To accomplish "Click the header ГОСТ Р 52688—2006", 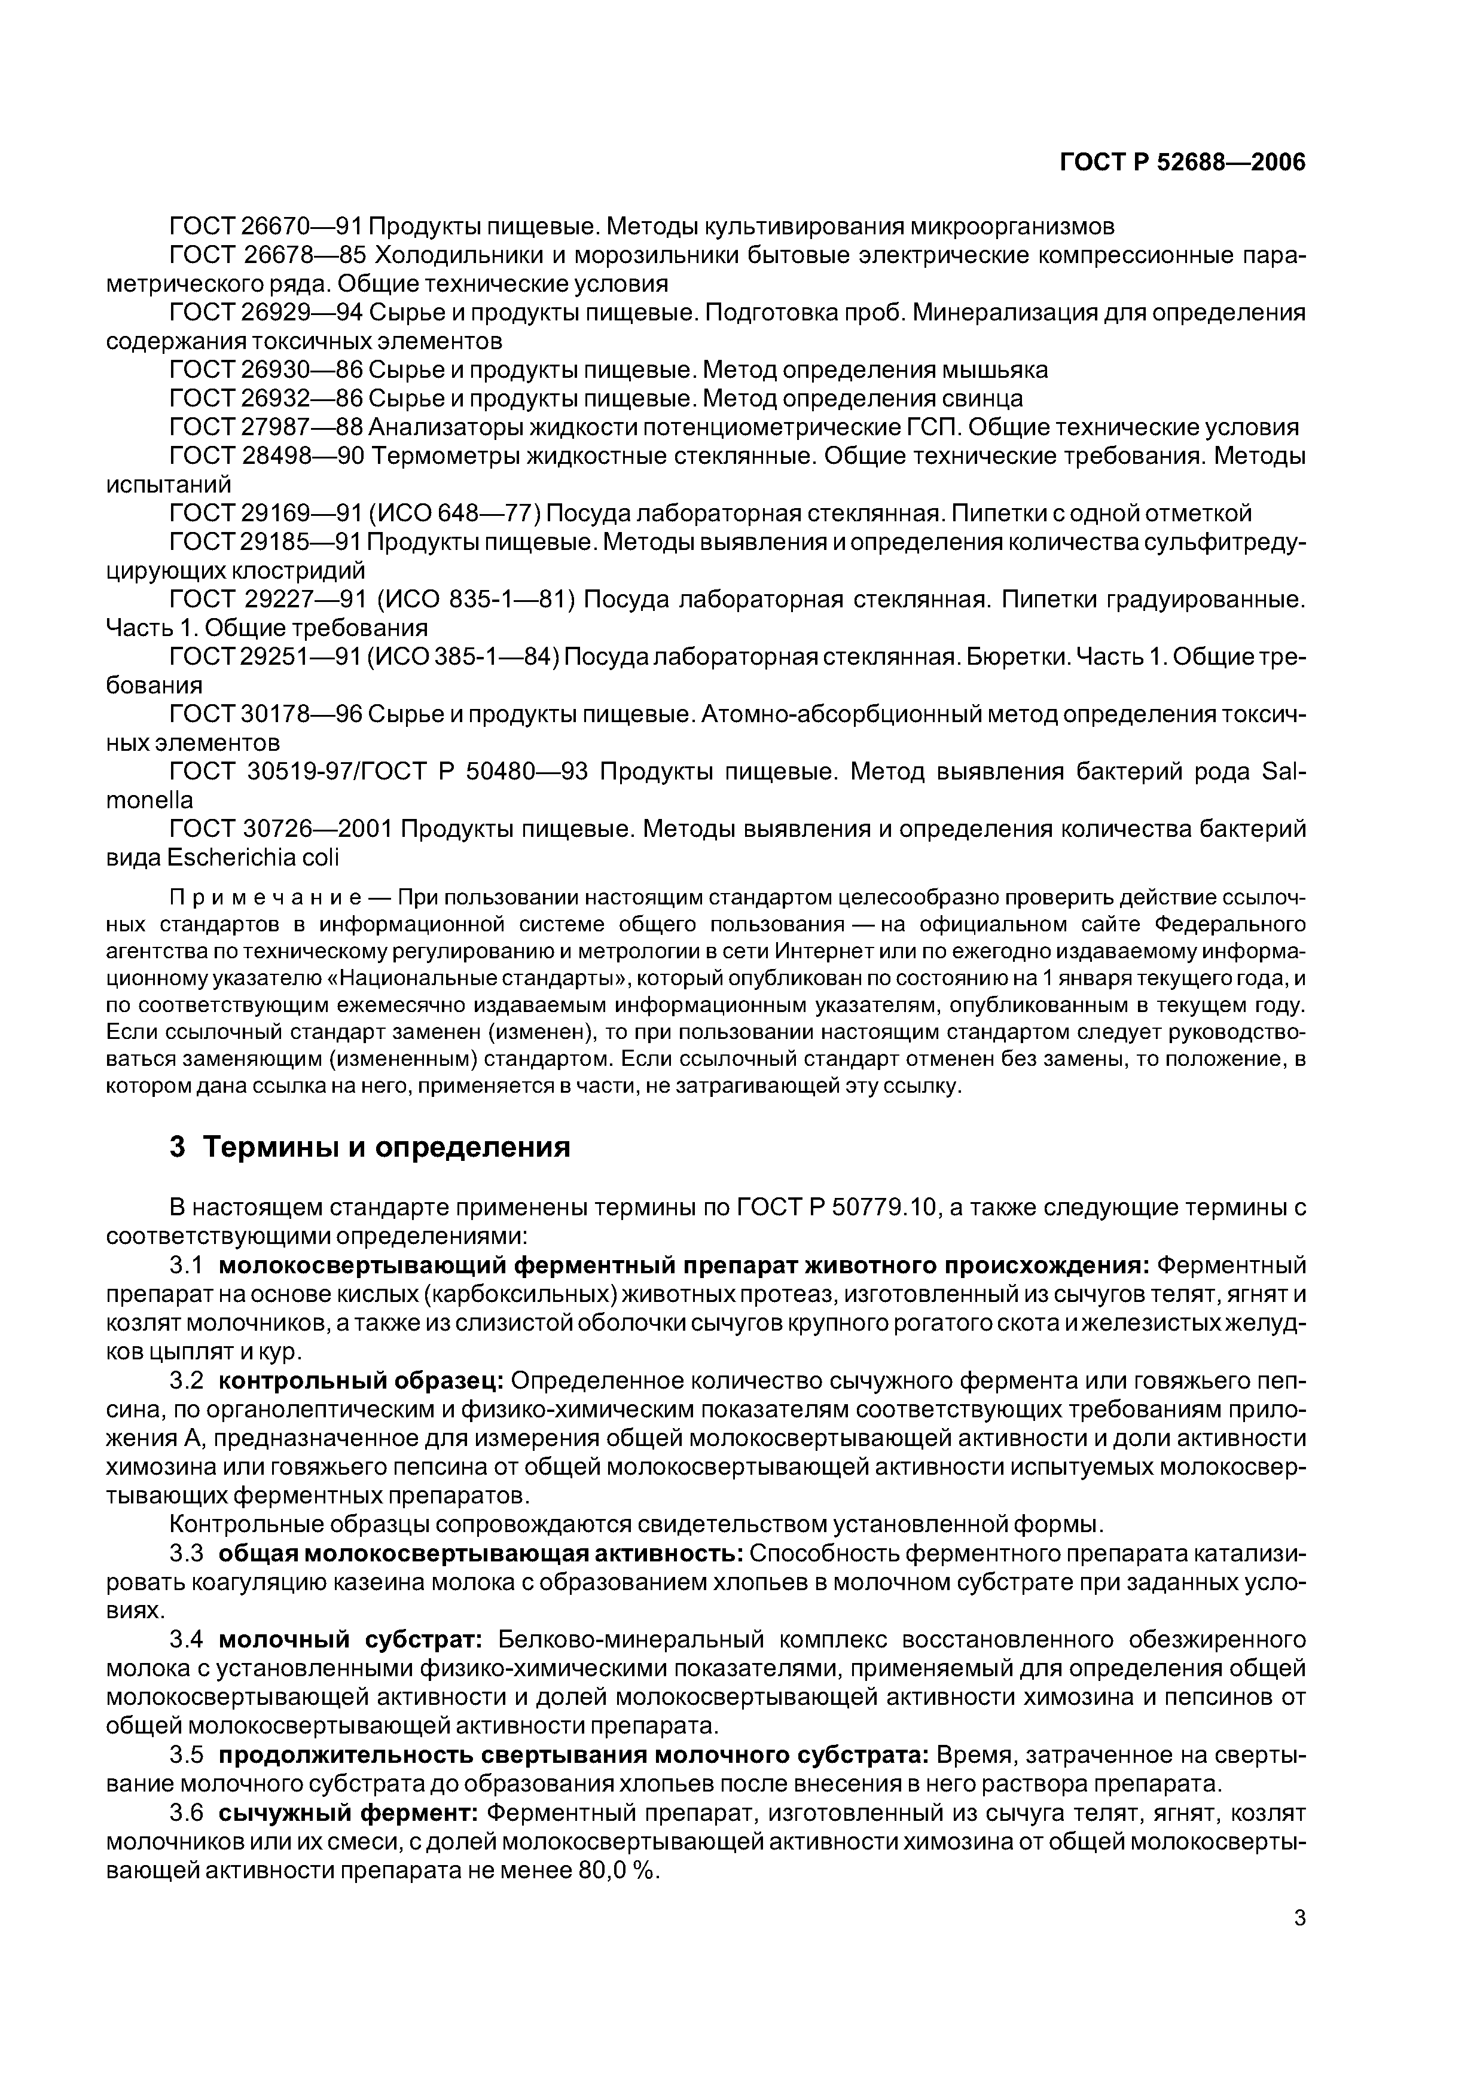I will click(x=1182, y=163).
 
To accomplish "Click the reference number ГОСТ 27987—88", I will click(x=266, y=427).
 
